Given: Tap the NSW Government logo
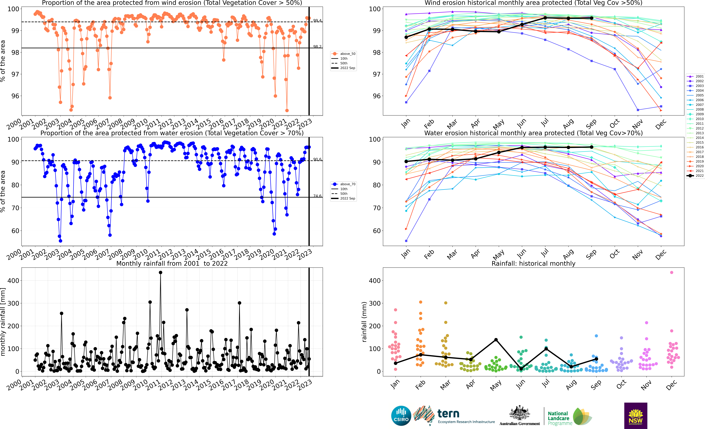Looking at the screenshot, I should (636, 416).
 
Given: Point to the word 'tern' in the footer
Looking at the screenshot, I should (448, 414).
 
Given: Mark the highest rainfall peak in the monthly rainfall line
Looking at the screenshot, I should (161, 273).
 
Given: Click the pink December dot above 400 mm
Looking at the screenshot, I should (672, 273).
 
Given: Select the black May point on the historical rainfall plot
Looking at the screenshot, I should (496, 340).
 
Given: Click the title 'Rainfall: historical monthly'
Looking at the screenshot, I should (533, 263).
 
